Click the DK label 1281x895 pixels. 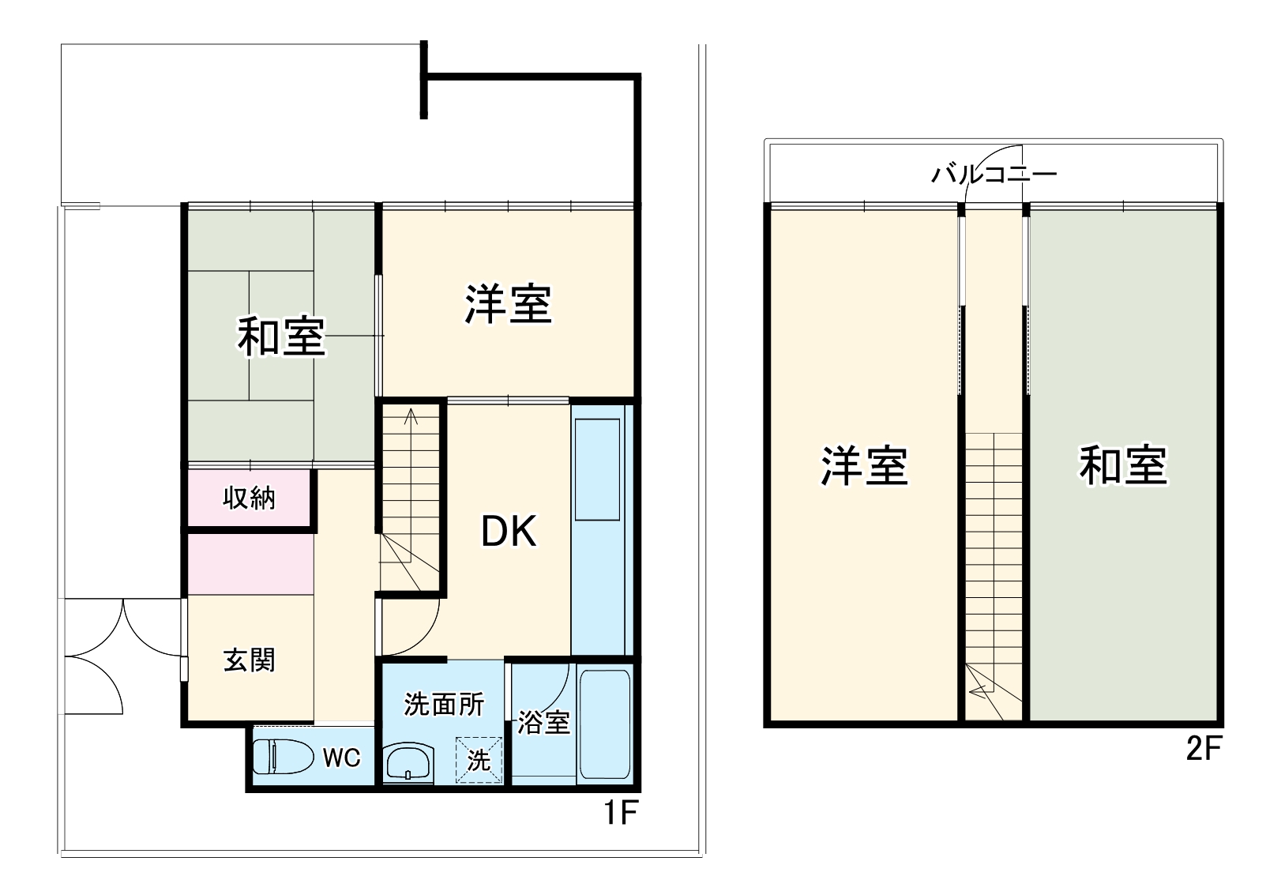pyautogui.click(x=509, y=531)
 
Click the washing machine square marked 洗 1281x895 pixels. pyautogui.click(x=479, y=760)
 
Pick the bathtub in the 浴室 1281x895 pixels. pyautogui.click(x=604, y=725)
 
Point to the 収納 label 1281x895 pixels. pyautogui.click(x=249, y=498)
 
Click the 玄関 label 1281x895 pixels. pyautogui.click(x=249, y=660)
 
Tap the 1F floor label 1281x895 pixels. pyautogui.click(x=620, y=812)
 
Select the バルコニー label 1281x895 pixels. pyautogui.click(x=994, y=174)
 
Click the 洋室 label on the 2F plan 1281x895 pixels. pyautogui.click(x=864, y=465)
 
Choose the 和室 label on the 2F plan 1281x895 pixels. pyautogui.click(x=1122, y=465)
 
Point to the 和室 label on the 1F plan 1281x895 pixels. pyautogui.click(x=281, y=336)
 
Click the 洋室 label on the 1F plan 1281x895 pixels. pyautogui.click(x=508, y=304)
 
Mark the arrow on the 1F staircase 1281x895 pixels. pyautogui.click(x=411, y=416)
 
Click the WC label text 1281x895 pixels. pyautogui.click(x=341, y=758)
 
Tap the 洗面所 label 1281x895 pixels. pyautogui.click(x=444, y=704)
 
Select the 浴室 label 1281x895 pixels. pyautogui.click(x=543, y=723)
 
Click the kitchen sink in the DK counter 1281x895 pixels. pyautogui.click(x=597, y=469)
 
